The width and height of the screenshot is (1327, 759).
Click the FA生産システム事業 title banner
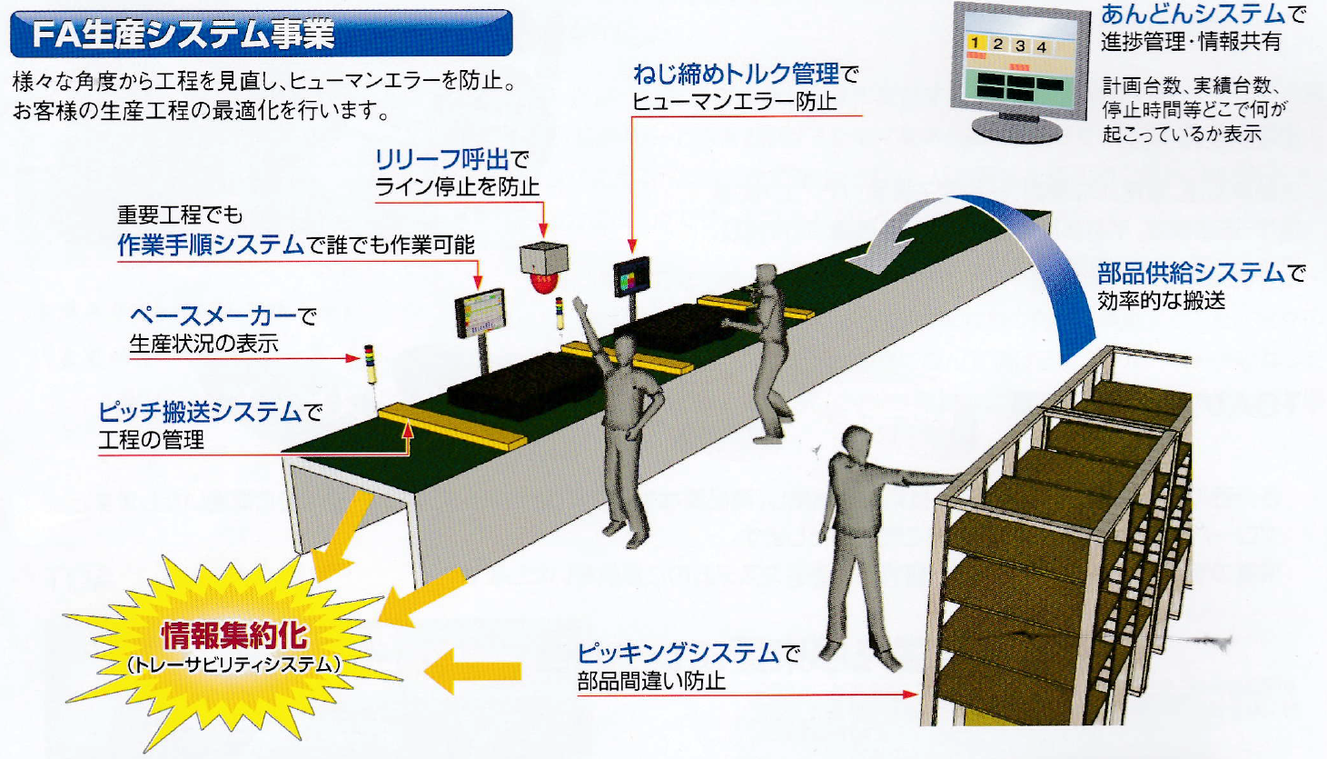(261, 35)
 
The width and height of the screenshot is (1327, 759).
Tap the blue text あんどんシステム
(1193, 14)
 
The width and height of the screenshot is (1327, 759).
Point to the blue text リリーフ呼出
(441, 160)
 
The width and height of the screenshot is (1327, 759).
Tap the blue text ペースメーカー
(213, 316)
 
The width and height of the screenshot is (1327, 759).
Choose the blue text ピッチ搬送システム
(200, 413)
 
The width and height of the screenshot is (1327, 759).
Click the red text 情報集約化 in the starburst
(234, 635)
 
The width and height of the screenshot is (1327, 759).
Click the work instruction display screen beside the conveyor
(479, 313)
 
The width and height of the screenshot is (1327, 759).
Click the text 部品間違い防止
(651, 681)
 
